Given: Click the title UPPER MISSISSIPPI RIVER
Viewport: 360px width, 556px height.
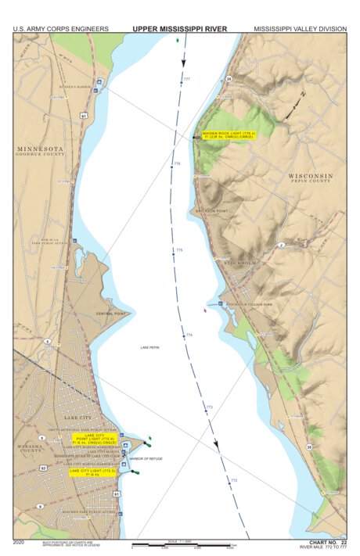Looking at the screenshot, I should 180,29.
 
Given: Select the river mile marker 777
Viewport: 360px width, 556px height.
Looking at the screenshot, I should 186,79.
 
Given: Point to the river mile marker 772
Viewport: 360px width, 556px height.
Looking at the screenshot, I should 233,480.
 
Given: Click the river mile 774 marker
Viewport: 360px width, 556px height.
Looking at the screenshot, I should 189,335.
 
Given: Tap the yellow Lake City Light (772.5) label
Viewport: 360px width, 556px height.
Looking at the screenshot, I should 93,472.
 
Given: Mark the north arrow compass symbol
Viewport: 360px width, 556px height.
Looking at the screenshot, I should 293,106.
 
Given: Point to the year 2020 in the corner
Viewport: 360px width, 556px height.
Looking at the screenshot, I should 19,541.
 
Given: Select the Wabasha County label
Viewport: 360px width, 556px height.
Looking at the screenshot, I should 31,449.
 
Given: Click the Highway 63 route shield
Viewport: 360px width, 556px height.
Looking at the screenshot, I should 43,467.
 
